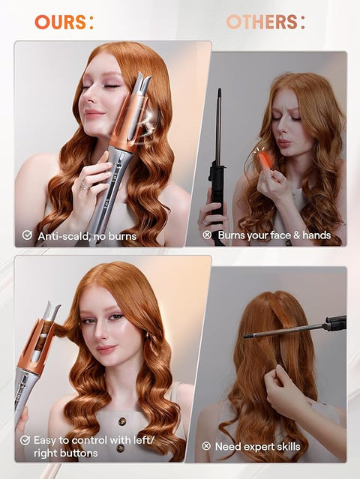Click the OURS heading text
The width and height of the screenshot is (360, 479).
pos(63,22)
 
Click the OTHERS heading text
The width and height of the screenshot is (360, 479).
pos(265,22)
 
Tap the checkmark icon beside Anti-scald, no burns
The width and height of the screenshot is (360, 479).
pos(27,235)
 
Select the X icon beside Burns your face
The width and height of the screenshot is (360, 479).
pos(207,235)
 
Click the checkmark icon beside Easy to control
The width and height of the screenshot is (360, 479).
pos(26,441)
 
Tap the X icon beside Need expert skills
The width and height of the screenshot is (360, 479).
pos(207,446)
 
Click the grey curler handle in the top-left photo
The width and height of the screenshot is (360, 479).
pos(112,187)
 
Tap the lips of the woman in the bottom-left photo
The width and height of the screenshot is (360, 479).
pos(106,349)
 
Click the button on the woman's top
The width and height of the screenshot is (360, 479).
pos(118,448)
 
